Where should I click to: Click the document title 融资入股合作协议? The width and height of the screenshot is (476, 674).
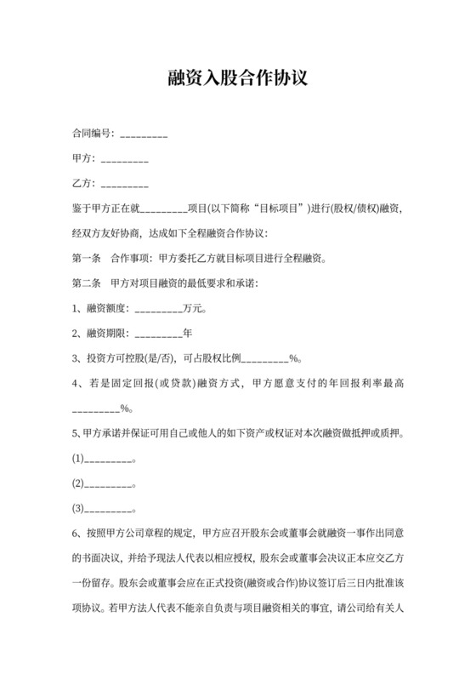coord(237,79)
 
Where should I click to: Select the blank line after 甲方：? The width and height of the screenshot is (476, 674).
coord(124,159)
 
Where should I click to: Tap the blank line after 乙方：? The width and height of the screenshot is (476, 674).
coord(124,184)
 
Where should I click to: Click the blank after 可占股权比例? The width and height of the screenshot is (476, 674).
coord(266,358)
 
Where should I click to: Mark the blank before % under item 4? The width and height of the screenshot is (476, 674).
coord(96,409)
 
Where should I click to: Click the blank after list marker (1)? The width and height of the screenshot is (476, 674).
coord(110,460)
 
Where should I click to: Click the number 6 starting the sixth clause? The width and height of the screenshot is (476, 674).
coord(76,534)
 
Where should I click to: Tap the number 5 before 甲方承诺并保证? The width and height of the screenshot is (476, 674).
coord(76,434)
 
